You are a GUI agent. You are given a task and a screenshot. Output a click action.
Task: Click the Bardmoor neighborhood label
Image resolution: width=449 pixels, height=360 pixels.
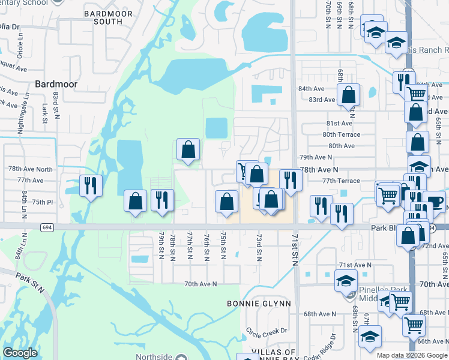click(56, 85)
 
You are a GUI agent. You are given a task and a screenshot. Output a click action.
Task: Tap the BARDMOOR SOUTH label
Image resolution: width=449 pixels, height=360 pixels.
click(103, 17)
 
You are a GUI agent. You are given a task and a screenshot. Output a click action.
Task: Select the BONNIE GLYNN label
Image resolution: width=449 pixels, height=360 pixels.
click(259, 304)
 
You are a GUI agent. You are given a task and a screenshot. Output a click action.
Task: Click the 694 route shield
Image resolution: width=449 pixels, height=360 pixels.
click(47, 227)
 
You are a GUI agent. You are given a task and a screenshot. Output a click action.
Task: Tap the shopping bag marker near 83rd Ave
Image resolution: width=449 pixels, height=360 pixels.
click(348, 95)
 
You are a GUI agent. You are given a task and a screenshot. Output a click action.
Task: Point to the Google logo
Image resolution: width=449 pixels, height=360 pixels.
click(20, 353)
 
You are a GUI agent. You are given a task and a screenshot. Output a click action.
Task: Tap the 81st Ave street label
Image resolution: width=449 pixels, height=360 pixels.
click(339, 123)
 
